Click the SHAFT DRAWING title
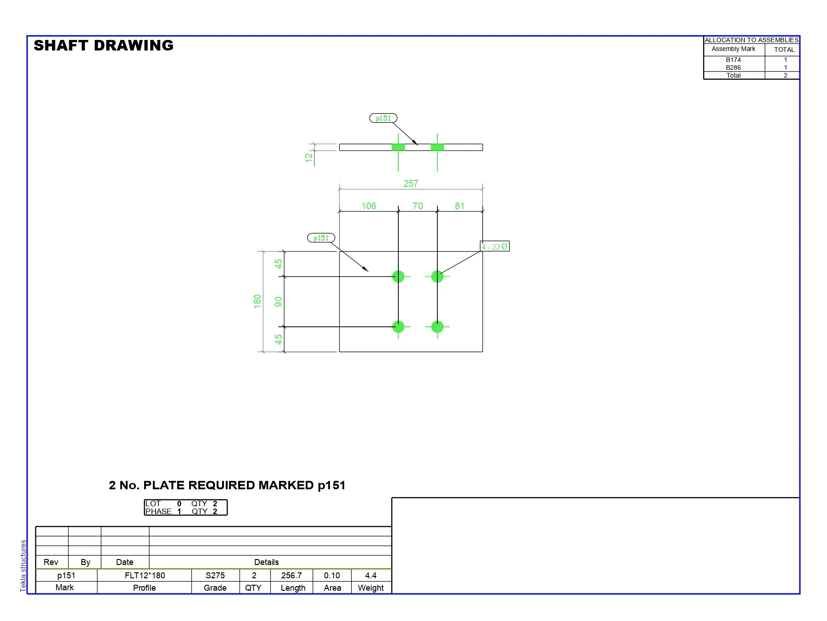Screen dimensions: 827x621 [x=104, y=45]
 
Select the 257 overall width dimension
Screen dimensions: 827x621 [x=411, y=184]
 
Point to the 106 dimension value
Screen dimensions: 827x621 [x=369, y=206]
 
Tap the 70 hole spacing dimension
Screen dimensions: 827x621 [x=418, y=206]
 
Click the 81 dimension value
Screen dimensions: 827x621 [x=459, y=206]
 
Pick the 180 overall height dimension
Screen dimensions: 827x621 [x=257, y=301]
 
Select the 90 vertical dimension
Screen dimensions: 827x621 [x=279, y=302]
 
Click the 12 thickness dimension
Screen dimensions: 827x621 [x=309, y=157]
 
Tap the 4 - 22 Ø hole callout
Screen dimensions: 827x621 [x=495, y=246]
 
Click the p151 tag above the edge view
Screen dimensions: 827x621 [x=383, y=118]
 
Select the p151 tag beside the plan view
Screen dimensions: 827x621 [x=321, y=238]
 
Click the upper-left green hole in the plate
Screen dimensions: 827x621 [x=398, y=276]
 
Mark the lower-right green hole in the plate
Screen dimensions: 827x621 [x=437, y=327]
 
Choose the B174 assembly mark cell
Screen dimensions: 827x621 [x=733, y=60]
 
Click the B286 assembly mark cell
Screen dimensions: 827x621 [x=733, y=67]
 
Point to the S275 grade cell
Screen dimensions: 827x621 [x=215, y=576]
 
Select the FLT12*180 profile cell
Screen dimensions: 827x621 [x=145, y=576]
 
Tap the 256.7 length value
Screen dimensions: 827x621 [x=291, y=576]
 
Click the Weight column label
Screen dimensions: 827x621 [x=371, y=588]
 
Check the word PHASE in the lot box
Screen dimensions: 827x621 [x=158, y=511]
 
